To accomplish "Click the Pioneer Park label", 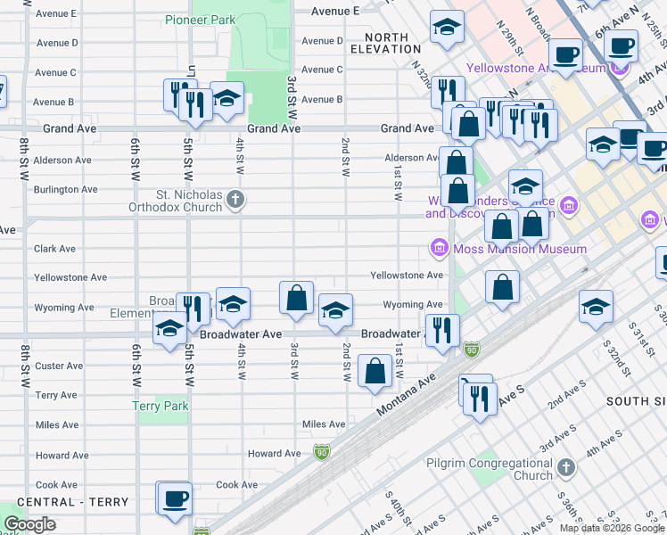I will pyautogui.click(x=201, y=19).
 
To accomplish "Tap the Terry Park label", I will pyautogui.click(x=161, y=406).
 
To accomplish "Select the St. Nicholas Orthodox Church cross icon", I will pyautogui.click(x=235, y=198).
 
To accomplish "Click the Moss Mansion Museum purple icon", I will pyautogui.click(x=439, y=248).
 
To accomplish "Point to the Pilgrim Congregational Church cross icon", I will pyautogui.click(x=564, y=468).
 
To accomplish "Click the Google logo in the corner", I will pyautogui.click(x=29, y=523).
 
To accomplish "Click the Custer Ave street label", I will pyautogui.click(x=59, y=366).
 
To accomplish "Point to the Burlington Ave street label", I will pyautogui.click(x=65, y=190).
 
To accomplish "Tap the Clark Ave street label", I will pyautogui.click(x=54, y=249).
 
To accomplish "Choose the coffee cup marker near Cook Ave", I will pyautogui.click(x=174, y=498).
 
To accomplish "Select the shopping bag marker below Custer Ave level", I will pyautogui.click(x=375, y=372).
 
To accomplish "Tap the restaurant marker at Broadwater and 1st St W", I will pyautogui.click(x=441, y=330).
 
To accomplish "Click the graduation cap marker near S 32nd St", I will pyautogui.click(x=595, y=307).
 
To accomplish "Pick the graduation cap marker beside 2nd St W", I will pyautogui.click(x=335, y=310).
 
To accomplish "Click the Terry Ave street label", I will pyautogui.click(x=55, y=395).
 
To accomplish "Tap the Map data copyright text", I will pyautogui.click(x=611, y=528).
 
